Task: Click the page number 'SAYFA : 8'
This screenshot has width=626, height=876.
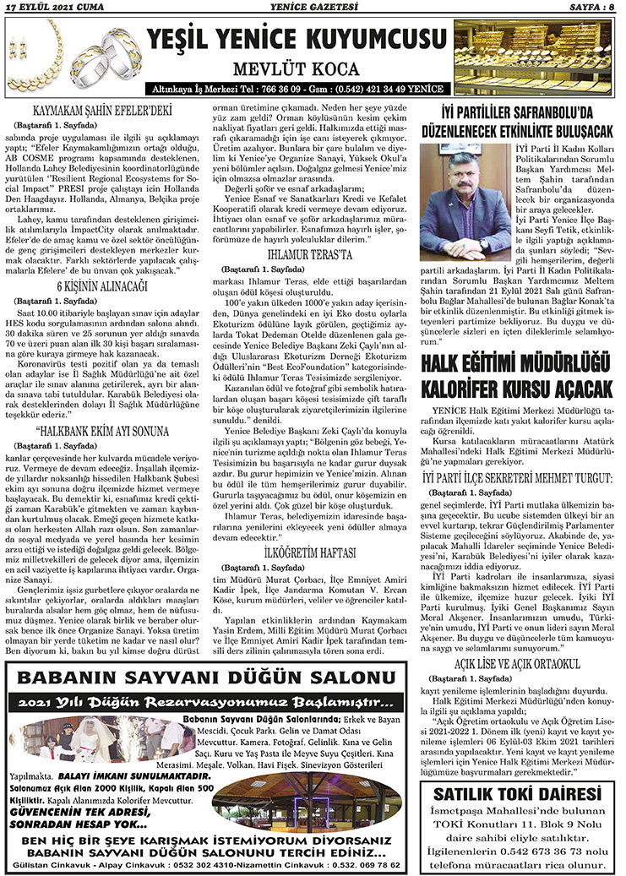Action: tap(591, 8)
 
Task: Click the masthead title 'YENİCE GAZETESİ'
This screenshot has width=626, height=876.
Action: tap(312, 8)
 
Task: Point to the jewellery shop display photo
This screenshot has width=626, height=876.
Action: tap(534, 57)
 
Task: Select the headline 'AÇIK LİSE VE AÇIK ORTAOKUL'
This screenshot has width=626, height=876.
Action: tap(521, 666)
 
